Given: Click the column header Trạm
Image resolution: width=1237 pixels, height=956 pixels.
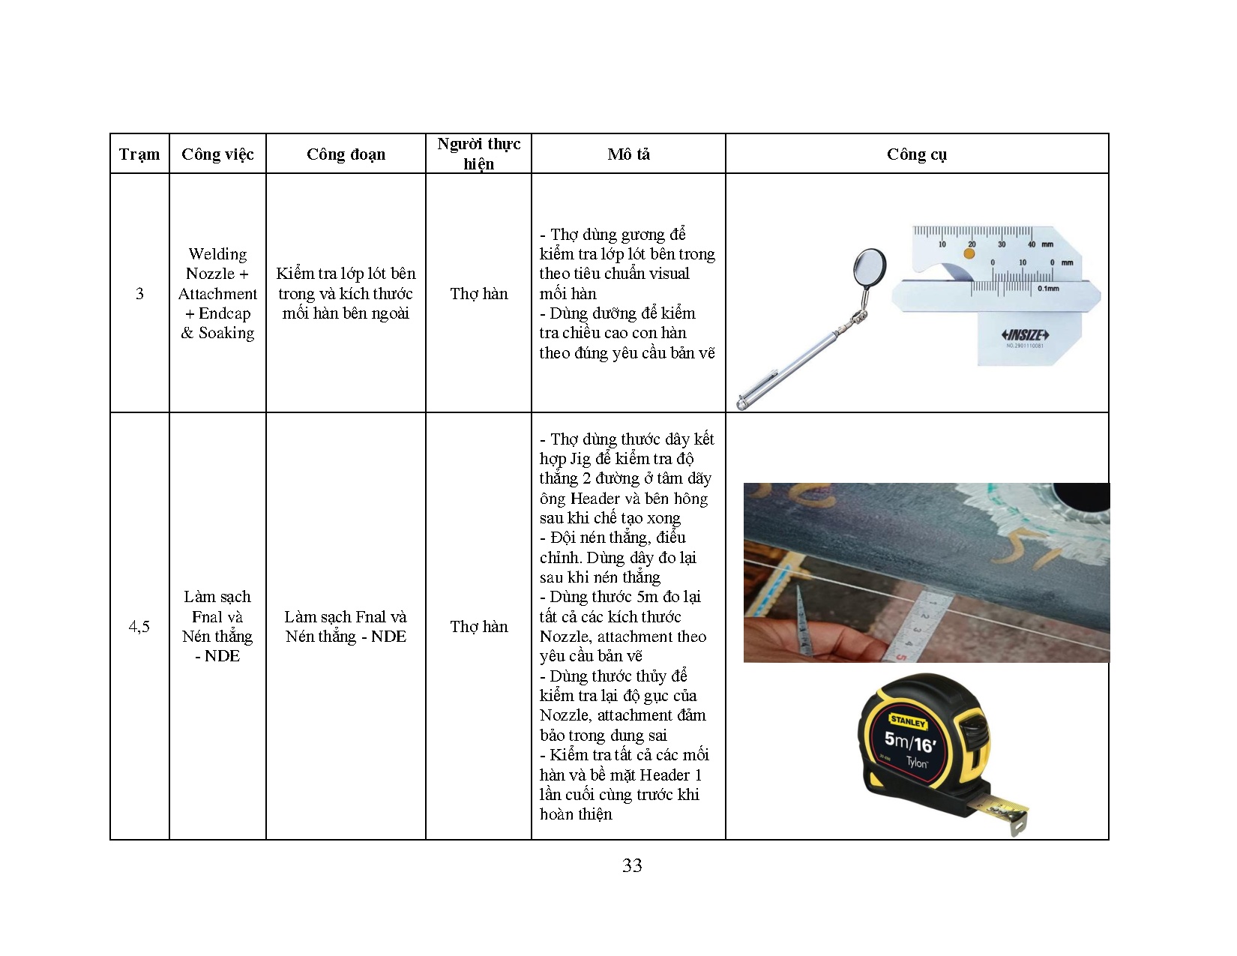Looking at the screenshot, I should pyautogui.click(x=139, y=154).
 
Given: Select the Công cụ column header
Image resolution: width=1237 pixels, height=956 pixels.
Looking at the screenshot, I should pyautogui.click(x=916, y=154).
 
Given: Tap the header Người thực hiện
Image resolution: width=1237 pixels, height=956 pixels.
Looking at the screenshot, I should pyautogui.click(x=478, y=154).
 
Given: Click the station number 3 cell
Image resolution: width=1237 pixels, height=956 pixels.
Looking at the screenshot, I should pyautogui.click(x=139, y=294).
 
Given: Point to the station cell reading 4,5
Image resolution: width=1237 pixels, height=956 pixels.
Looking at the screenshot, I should pyautogui.click(x=139, y=626).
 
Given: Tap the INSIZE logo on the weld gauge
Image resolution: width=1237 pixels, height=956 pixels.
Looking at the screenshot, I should pyautogui.click(x=1025, y=334).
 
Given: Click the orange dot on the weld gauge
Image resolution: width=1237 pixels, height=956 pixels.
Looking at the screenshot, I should pyautogui.click(x=969, y=253).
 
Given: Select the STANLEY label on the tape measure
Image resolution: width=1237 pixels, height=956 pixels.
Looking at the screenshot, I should pyautogui.click(x=909, y=722).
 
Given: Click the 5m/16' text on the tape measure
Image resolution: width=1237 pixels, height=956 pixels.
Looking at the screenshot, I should pyautogui.click(x=909, y=742).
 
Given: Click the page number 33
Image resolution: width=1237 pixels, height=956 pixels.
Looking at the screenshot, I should pyautogui.click(x=631, y=865).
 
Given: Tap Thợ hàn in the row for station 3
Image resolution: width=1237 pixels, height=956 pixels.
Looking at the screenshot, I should pyautogui.click(x=478, y=294).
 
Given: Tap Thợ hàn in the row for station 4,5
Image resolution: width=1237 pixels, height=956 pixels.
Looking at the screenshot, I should pyautogui.click(x=478, y=626).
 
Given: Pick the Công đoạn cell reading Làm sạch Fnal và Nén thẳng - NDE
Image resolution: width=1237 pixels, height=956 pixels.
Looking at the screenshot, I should pyautogui.click(x=346, y=626).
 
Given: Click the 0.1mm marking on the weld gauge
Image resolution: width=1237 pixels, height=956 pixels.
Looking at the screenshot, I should pyautogui.click(x=1047, y=288).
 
